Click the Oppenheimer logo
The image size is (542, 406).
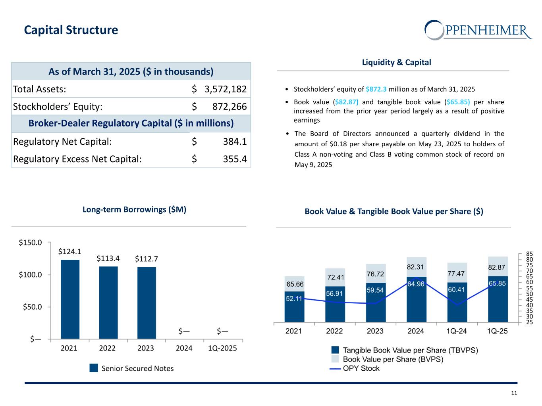click(x=478, y=30)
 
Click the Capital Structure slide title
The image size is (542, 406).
click(x=71, y=30)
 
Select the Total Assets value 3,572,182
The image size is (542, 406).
click(x=225, y=89)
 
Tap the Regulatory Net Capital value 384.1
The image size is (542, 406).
click(x=235, y=142)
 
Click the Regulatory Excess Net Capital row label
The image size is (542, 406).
click(x=77, y=159)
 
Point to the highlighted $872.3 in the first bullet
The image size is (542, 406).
click(x=376, y=89)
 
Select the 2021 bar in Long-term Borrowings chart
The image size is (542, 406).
click(x=70, y=299)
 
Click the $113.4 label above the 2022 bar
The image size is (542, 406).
click(x=108, y=259)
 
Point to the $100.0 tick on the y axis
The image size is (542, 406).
click(x=30, y=275)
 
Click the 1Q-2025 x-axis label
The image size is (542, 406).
click(x=222, y=348)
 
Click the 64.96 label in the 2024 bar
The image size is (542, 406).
click(x=416, y=284)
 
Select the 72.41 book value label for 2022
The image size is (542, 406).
click(x=336, y=277)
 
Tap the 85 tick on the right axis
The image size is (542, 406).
click(x=530, y=254)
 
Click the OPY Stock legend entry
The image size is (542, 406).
click(x=355, y=368)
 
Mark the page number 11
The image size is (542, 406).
click(x=514, y=393)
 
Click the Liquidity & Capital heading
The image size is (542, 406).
click(x=396, y=62)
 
